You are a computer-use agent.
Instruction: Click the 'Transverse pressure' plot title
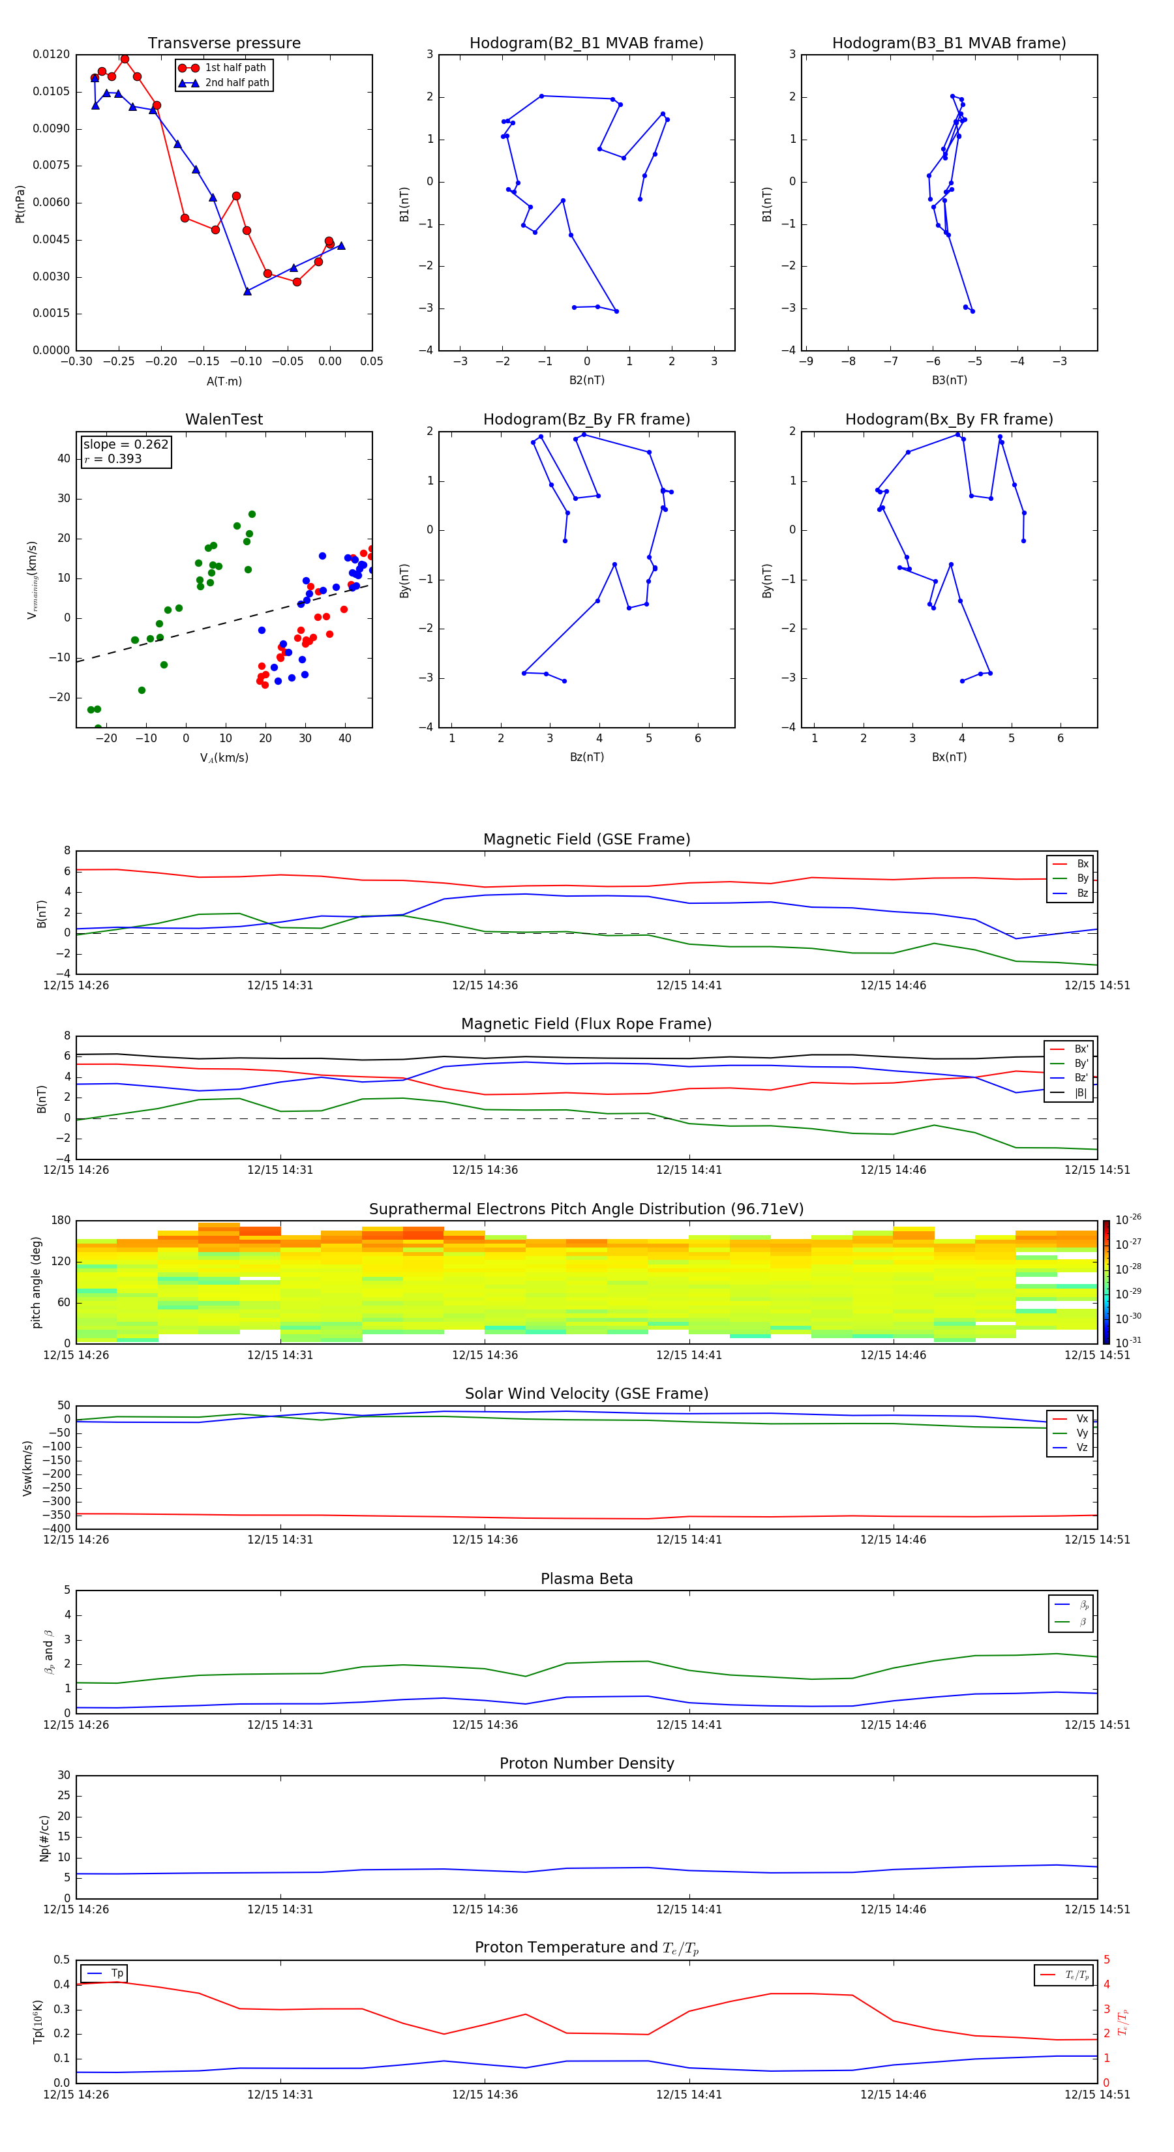[224, 44]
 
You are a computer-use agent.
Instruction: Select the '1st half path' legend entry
[235, 68]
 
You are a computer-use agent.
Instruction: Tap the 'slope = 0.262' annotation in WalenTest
[125, 445]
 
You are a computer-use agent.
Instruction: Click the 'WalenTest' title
[224, 419]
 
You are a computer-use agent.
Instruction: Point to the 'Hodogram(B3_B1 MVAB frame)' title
[948, 44]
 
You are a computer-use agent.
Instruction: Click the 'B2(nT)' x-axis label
[586, 380]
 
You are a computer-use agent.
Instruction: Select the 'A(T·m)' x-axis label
[224, 381]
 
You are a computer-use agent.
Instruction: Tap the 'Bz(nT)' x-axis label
[586, 757]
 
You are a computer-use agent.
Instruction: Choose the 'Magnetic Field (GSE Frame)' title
[586, 839]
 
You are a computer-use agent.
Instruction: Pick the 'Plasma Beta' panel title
[586, 1579]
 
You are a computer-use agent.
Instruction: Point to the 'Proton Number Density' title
[586, 1763]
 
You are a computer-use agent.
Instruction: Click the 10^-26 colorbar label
[1128, 1219]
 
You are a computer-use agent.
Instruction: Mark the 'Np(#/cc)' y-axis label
[44, 1838]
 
